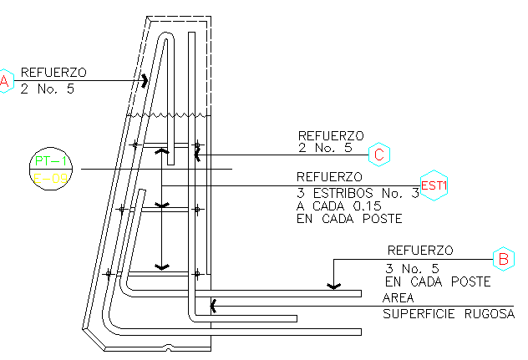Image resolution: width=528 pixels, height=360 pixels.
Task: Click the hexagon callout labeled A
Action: (x=5, y=81)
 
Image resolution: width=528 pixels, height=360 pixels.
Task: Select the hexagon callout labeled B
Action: (x=503, y=259)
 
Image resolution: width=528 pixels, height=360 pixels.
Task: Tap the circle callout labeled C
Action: (x=379, y=154)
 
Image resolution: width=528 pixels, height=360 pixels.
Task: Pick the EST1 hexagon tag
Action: (x=434, y=185)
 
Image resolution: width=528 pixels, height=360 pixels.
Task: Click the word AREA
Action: (x=398, y=298)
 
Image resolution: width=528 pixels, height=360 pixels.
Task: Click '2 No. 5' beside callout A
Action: (x=48, y=87)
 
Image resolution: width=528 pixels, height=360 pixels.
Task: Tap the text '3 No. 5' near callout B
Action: (x=412, y=268)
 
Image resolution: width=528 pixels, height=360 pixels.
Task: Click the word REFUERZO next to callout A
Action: (x=53, y=72)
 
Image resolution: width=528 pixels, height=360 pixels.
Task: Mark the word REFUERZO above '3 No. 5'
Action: (x=419, y=250)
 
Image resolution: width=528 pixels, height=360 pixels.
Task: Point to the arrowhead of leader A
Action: (x=146, y=81)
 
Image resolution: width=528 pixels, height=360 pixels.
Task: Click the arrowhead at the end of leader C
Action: (x=197, y=154)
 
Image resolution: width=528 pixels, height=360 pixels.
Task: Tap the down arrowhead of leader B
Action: (x=333, y=286)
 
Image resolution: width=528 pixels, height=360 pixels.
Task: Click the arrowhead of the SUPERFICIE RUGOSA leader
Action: (x=213, y=306)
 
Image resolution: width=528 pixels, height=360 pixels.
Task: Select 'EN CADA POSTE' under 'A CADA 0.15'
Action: (x=349, y=220)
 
